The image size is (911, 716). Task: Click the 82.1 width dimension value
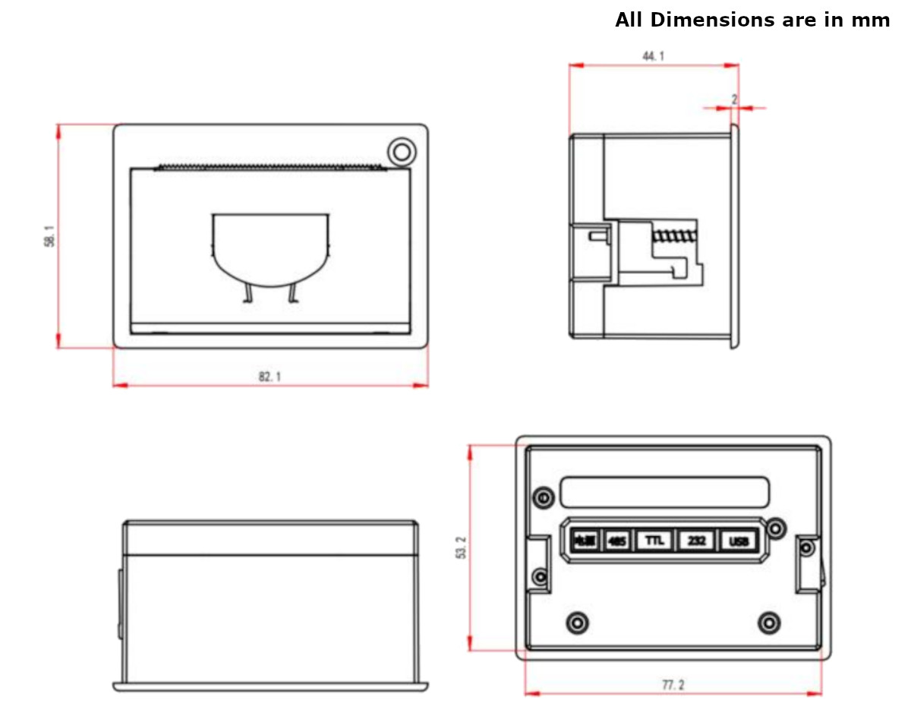[270, 377]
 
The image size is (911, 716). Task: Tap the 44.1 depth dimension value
[651, 56]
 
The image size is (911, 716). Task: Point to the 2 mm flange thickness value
[734, 99]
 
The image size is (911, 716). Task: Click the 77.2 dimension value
[673, 685]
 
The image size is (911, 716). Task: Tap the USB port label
[739, 541]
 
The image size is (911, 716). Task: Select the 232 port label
[696, 541]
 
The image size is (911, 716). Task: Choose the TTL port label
[654, 541]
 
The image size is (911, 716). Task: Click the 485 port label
[617, 541]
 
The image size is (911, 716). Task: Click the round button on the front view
[402, 151]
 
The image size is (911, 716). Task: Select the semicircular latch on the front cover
[270, 251]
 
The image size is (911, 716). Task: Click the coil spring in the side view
[674, 236]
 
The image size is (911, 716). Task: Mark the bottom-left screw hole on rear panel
[578, 622]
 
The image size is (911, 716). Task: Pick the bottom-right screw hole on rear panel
[769, 623]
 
